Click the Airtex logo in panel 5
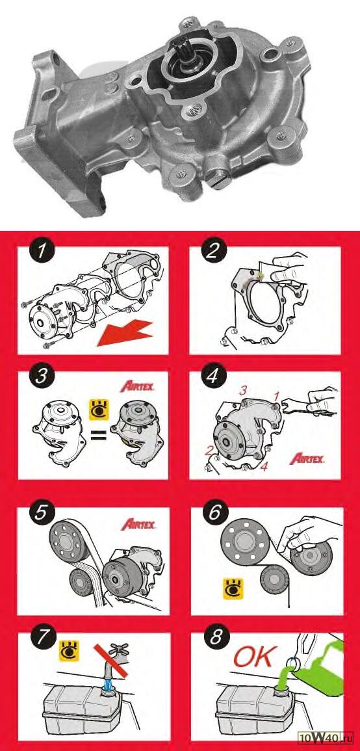click(138, 523)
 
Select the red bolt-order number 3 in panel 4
click(243, 390)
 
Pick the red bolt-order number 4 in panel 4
click(264, 466)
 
